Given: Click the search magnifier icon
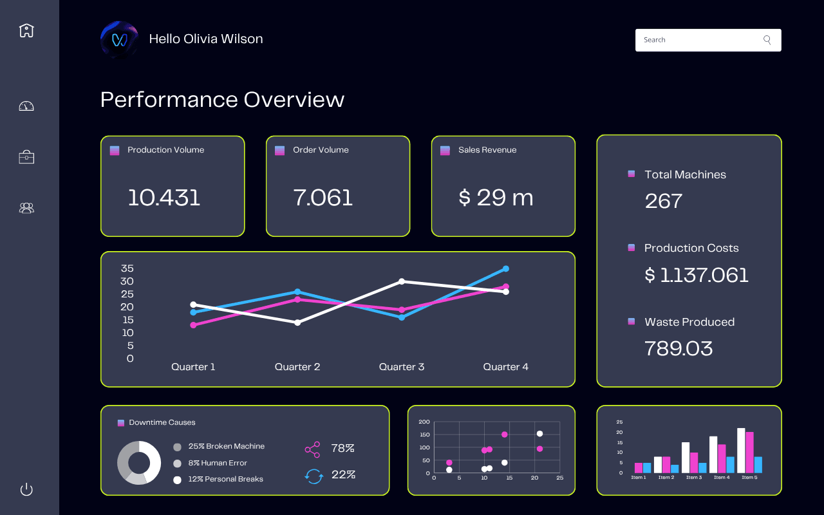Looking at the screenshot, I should [x=767, y=40].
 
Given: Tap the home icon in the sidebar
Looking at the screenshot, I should [x=26, y=30].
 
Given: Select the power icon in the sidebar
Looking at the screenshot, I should [x=26, y=489].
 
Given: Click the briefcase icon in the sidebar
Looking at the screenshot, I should [x=26, y=156].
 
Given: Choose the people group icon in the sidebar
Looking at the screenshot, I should [x=26, y=208].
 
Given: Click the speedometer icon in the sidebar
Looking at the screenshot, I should [x=26, y=106].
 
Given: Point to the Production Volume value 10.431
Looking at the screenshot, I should [x=164, y=198].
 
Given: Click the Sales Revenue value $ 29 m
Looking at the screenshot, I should [x=496, y=198].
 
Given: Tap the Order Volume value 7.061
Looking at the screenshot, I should [x=323, y=198].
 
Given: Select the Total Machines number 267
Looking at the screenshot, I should [x=663, y=201].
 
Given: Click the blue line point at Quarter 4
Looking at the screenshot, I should [x=506, y=268].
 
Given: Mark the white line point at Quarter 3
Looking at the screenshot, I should [x=402, y=281].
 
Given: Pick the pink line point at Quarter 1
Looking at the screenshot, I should [x=193, y=325].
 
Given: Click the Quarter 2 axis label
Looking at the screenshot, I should [x=297, y=367].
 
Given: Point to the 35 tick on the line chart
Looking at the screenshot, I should [x=127, y=268].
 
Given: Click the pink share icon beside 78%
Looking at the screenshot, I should [x=312, y=449].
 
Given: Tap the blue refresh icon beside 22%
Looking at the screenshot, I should [x=314, y=476].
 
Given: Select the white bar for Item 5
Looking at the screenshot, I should [x=741, y=451].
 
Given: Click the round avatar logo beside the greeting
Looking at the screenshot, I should [x=119, y=40].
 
